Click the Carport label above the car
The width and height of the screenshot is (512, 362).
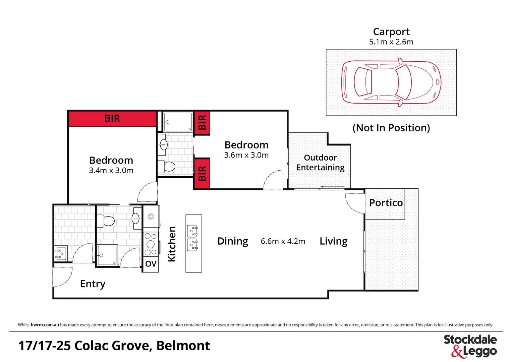[x=391, y=32]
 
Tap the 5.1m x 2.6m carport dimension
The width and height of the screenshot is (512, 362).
[x=391, y=42]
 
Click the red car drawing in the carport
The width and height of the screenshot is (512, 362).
[x=391, y=82]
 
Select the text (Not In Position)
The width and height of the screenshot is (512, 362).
[x=391, y=128]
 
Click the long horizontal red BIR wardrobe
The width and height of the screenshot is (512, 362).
[x=112, y=119]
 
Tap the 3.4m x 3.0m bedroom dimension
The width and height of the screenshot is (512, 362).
[x=111, y=171]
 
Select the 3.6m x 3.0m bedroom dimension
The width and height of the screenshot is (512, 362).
[x=246, y=155]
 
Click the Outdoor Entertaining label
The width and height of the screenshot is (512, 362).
[x=320, y=163]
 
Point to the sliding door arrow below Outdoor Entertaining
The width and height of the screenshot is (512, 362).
[x=332, y=187]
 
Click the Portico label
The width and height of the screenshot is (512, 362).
[x=386, y=203]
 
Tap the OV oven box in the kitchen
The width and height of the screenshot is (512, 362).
[x=151, y=264]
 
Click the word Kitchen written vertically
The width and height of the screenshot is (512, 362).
[x=172, y=244]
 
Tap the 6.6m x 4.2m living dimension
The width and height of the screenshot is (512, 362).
[x=283, y=241]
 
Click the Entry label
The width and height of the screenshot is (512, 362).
[x=93, y=284]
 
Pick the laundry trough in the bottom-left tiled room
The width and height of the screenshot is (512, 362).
[x=61, y=254]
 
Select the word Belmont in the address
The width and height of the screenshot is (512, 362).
[x=183, y=346]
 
